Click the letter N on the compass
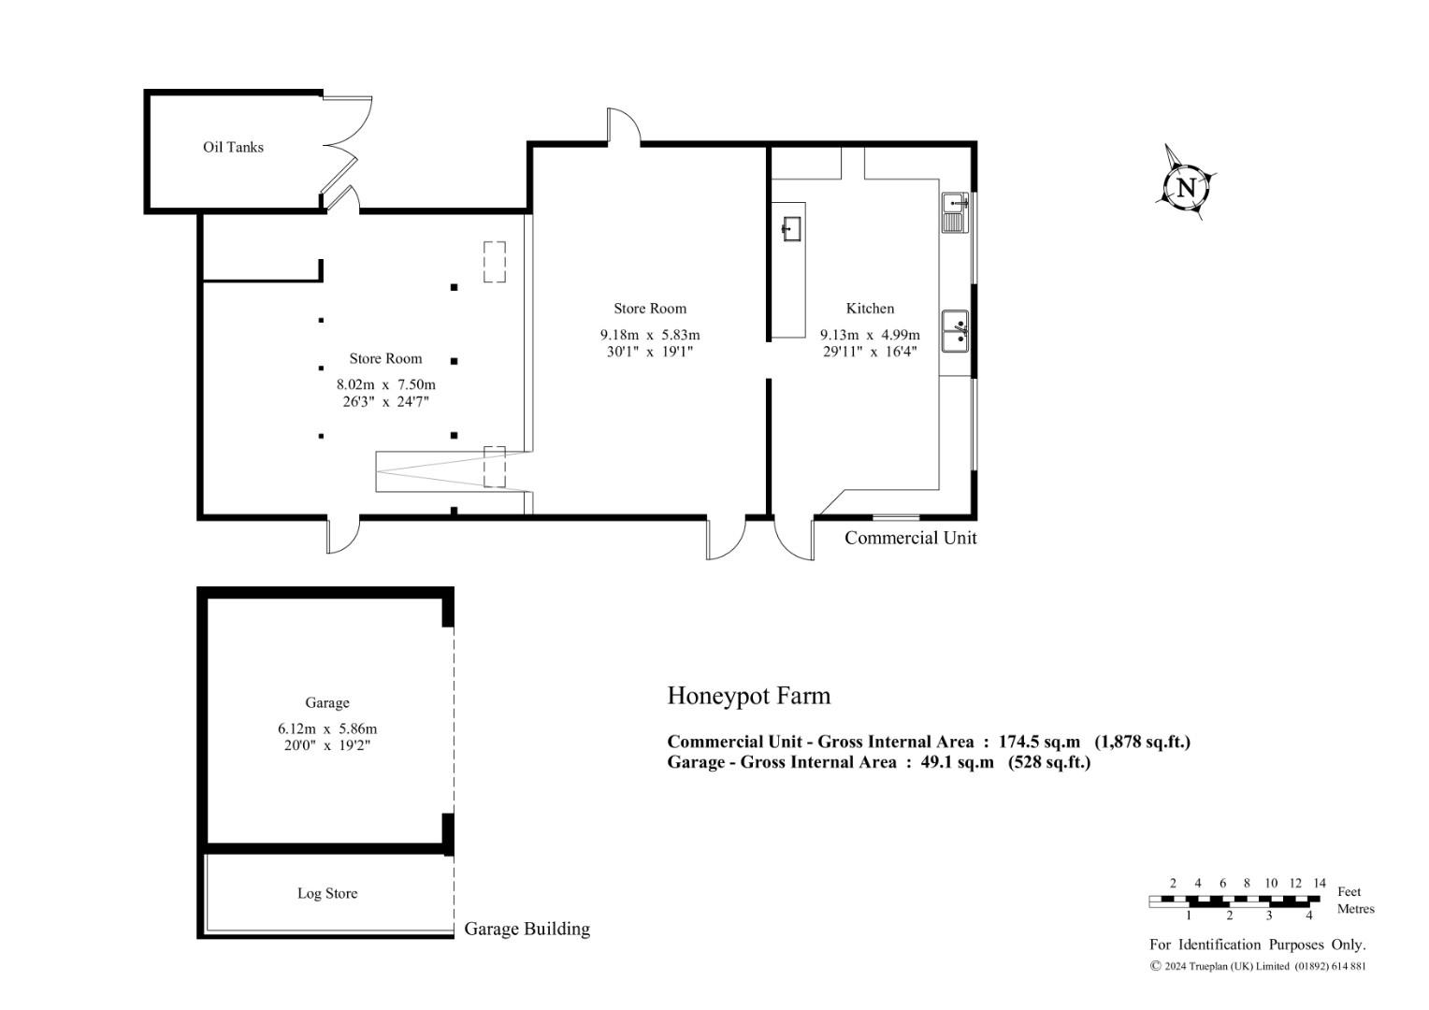click(1186, 188)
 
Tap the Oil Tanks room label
click(233, 148)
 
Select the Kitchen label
click(870, 309)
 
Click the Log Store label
click(327, 893)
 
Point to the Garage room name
click(327, 702)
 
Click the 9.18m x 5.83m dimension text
click(649, 334)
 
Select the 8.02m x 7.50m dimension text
click(386, 384)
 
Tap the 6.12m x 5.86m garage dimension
click(327, 728)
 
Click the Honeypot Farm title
click(749, 696)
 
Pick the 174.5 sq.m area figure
click(1039, 742)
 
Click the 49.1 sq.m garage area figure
click(957, 762)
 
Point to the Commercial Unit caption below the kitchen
click(910, 538)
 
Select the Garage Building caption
click(527, 929)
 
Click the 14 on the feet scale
click(1320, 883)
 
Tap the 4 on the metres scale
click(1309, 916)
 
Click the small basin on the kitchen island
click(792, 228)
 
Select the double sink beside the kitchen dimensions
click(956, 331)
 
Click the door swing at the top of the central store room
click(623, 125)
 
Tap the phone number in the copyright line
click(1330, 966)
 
